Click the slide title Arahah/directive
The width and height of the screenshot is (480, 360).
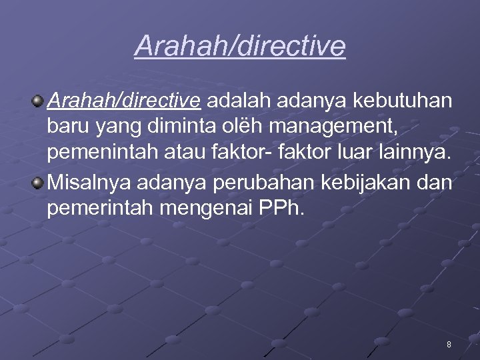click(x=240, y=45)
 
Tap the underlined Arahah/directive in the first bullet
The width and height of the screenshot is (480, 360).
click(x=124, y=101)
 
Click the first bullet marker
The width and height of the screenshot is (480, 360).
click(x=38, y=101)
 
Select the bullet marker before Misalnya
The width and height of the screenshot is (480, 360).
click(x=38, y=181)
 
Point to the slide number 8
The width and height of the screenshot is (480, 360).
click(x=449, y=345)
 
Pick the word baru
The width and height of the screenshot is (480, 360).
click(x=67, y=127)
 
